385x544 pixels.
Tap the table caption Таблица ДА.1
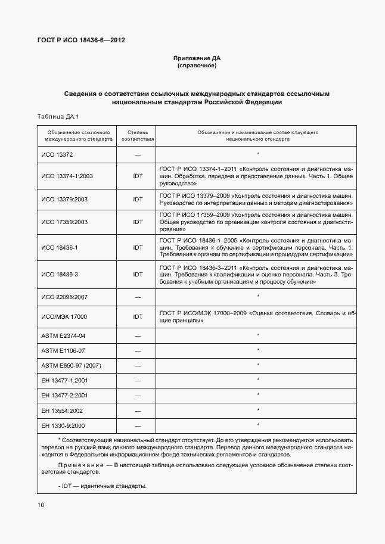click(x=58, y=116)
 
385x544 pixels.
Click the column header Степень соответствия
click(x=138, y=135)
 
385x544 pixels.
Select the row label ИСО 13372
click(x=57, y=155)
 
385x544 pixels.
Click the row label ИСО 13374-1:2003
click(x=67, y=176)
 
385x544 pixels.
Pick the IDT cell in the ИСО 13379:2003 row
click(x=138, y=199)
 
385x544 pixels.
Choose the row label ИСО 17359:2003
click(x=64, y=222)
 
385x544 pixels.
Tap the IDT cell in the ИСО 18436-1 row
click(x=138, y=247)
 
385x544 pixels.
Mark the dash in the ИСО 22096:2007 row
click(x=138, y=297)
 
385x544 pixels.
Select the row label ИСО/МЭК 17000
click(x=64, y=317)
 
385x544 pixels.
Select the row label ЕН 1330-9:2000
click(x=63, y=425)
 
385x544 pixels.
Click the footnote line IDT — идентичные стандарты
click(x=104, y=486)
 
